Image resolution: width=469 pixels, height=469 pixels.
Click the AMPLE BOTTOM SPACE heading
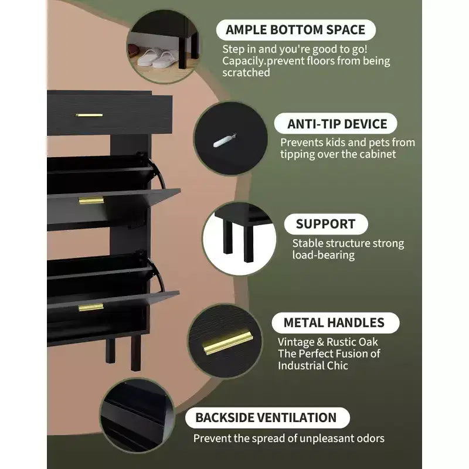[295, 30]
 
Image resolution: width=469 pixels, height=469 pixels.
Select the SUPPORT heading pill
[326, 224]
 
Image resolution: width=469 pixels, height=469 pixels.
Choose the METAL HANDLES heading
[335, 323]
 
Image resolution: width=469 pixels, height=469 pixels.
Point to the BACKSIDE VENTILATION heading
[267, 417]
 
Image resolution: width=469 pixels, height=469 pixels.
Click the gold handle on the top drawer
[89, 115]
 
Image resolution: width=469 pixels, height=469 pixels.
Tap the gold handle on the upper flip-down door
[91, 200]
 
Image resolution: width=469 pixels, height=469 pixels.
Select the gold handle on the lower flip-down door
[91, 307]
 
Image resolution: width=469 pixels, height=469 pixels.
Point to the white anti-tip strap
[224, 141]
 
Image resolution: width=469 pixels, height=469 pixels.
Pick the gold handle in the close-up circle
[227, 341]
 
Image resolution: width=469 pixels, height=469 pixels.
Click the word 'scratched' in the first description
[246, 73]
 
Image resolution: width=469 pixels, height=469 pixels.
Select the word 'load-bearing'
[324, 255]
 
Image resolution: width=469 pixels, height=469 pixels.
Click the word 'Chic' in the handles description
[338, 365]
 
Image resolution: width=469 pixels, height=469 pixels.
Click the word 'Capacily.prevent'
[263, 61]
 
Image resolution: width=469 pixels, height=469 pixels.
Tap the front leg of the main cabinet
[135, 353]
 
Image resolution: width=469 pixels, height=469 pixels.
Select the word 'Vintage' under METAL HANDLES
[296, 342]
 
